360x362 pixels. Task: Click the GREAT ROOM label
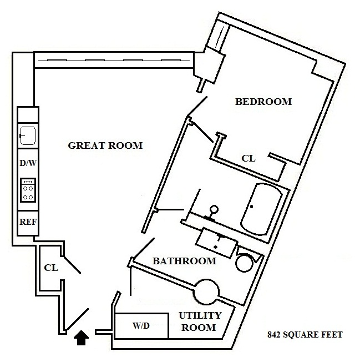coord(105,145)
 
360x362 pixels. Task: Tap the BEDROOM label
coord(263,102)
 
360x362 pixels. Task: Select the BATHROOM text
coord(184,260)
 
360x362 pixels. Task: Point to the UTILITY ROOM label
coord(200,321)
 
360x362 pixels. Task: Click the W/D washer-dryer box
coord(141,325)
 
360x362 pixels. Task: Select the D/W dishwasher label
coord(28,164)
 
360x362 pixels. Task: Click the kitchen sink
coord(28,135)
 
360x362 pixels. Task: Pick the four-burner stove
coord(28,190)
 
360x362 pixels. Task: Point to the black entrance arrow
coord(82,338)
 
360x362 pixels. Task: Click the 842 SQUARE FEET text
coord(305,335)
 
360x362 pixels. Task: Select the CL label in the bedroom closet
coord(249,158)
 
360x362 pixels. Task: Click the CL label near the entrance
coord(51,268)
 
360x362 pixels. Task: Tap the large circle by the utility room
coord(207,290)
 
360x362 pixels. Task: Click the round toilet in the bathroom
coord(245,262)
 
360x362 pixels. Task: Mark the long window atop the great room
coord(114,60)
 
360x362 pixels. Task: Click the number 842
coord(275,335)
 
